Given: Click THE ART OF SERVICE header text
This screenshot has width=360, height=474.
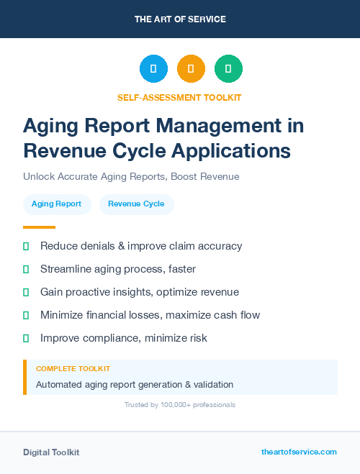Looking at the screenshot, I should [180, 19].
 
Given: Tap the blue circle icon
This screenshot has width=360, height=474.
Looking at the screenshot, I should [153, 69].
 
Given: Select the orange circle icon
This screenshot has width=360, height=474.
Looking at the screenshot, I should [191, 69].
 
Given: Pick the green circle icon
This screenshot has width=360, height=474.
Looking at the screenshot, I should [228, 69].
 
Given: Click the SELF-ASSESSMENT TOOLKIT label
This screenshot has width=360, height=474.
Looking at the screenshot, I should [179, 97].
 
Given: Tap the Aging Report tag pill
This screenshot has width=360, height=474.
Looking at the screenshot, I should [57, 204].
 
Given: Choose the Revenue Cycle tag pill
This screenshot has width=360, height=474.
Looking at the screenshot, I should [136, 204].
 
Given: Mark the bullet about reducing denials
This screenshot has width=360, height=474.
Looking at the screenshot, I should [141, 246].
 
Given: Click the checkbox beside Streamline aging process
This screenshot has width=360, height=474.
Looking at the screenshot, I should [26, 269].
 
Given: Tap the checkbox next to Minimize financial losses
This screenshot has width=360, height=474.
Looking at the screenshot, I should [26, 315].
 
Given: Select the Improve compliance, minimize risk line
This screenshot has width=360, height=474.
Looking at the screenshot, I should [124, 338].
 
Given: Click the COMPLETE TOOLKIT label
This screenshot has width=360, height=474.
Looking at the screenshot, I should [73, 368].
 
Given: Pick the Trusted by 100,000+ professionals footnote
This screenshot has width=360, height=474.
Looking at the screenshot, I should [180, 405].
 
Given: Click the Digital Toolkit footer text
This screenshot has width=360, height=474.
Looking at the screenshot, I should [51, 452].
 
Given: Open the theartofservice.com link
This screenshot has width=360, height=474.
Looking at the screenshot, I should [299, 452].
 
